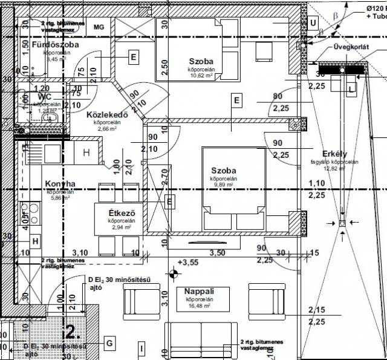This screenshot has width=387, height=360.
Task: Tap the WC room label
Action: (44, 97)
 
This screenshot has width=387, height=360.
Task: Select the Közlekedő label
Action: (106, 115)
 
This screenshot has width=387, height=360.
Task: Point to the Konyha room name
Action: (60, 184)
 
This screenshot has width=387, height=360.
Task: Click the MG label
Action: (99, 27)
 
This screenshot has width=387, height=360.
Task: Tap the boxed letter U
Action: (313, 23)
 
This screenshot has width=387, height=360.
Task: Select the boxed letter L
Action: (351, 88)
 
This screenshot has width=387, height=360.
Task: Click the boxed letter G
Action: (109, 343)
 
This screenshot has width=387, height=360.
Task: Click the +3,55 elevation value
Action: (189, 262)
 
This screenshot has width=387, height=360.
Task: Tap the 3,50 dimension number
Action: (218, 252)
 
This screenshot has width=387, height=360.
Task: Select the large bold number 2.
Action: (71, 332)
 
